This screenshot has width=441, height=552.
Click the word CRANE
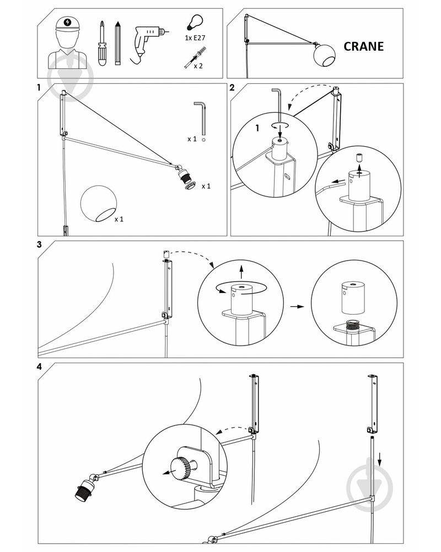363,46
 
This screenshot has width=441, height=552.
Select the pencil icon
117,43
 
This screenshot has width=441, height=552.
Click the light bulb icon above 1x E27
195,22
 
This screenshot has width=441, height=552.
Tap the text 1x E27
195,38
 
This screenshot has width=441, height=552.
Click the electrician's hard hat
67,24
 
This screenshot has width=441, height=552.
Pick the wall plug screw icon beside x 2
195,57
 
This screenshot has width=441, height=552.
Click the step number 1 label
39,88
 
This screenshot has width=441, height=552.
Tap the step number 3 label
39,245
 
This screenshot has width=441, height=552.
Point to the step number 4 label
39,367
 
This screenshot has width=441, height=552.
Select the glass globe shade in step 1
99,204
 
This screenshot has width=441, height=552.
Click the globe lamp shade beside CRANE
324,55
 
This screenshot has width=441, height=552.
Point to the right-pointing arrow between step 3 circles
297,306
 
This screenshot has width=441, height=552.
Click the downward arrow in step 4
380,459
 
